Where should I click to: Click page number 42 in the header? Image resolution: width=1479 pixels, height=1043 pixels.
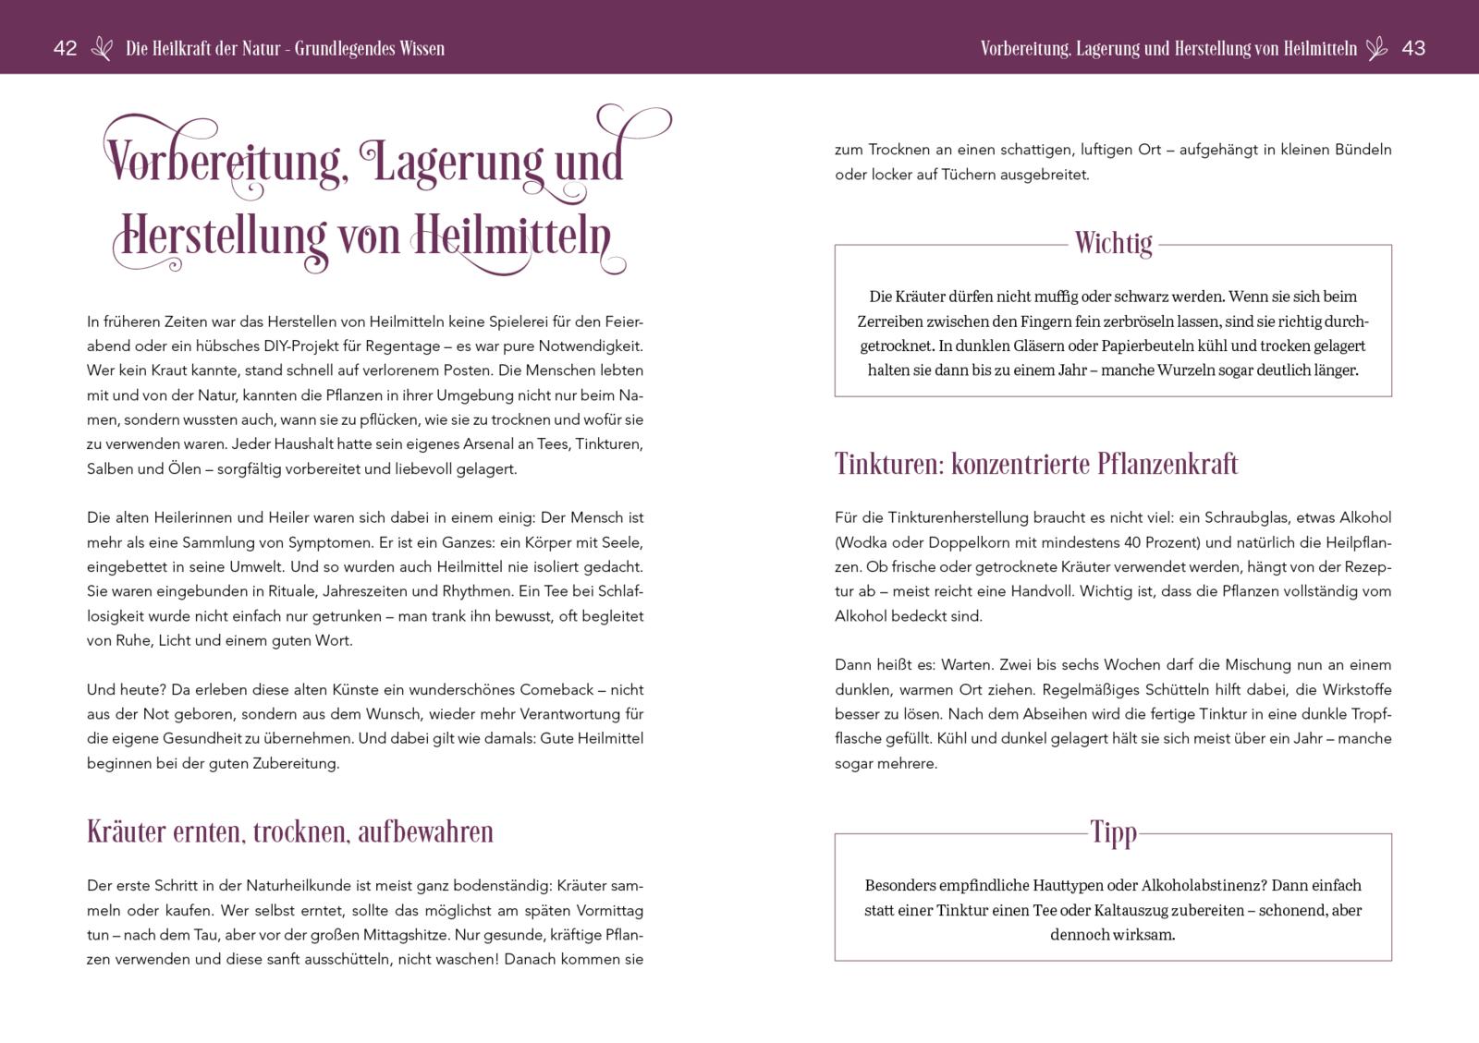pyautogui.click(x=65, y=49)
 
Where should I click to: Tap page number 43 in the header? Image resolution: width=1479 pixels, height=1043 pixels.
pyautogui.click(x=1413, y=49)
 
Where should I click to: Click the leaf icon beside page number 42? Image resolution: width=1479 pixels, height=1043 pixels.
pyautogui.click(x=102, y=49)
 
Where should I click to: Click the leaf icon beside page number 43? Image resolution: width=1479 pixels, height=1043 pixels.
pyautogui.click(x=1377, y=49)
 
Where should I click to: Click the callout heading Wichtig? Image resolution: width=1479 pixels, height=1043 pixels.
pyautogui.click(x=1113, y=244)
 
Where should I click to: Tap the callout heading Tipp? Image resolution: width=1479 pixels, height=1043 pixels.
pyautogui.click(x=1113, y=832)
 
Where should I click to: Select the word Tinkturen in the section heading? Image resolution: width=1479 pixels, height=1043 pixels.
pyautogui.click(x=888, y=464)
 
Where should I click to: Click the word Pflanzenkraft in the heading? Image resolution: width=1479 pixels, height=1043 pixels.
pyautogui.click(x=1167, y=464)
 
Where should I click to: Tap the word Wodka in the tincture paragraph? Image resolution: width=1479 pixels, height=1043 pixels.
pyautogui.click(x=863, y=542)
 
